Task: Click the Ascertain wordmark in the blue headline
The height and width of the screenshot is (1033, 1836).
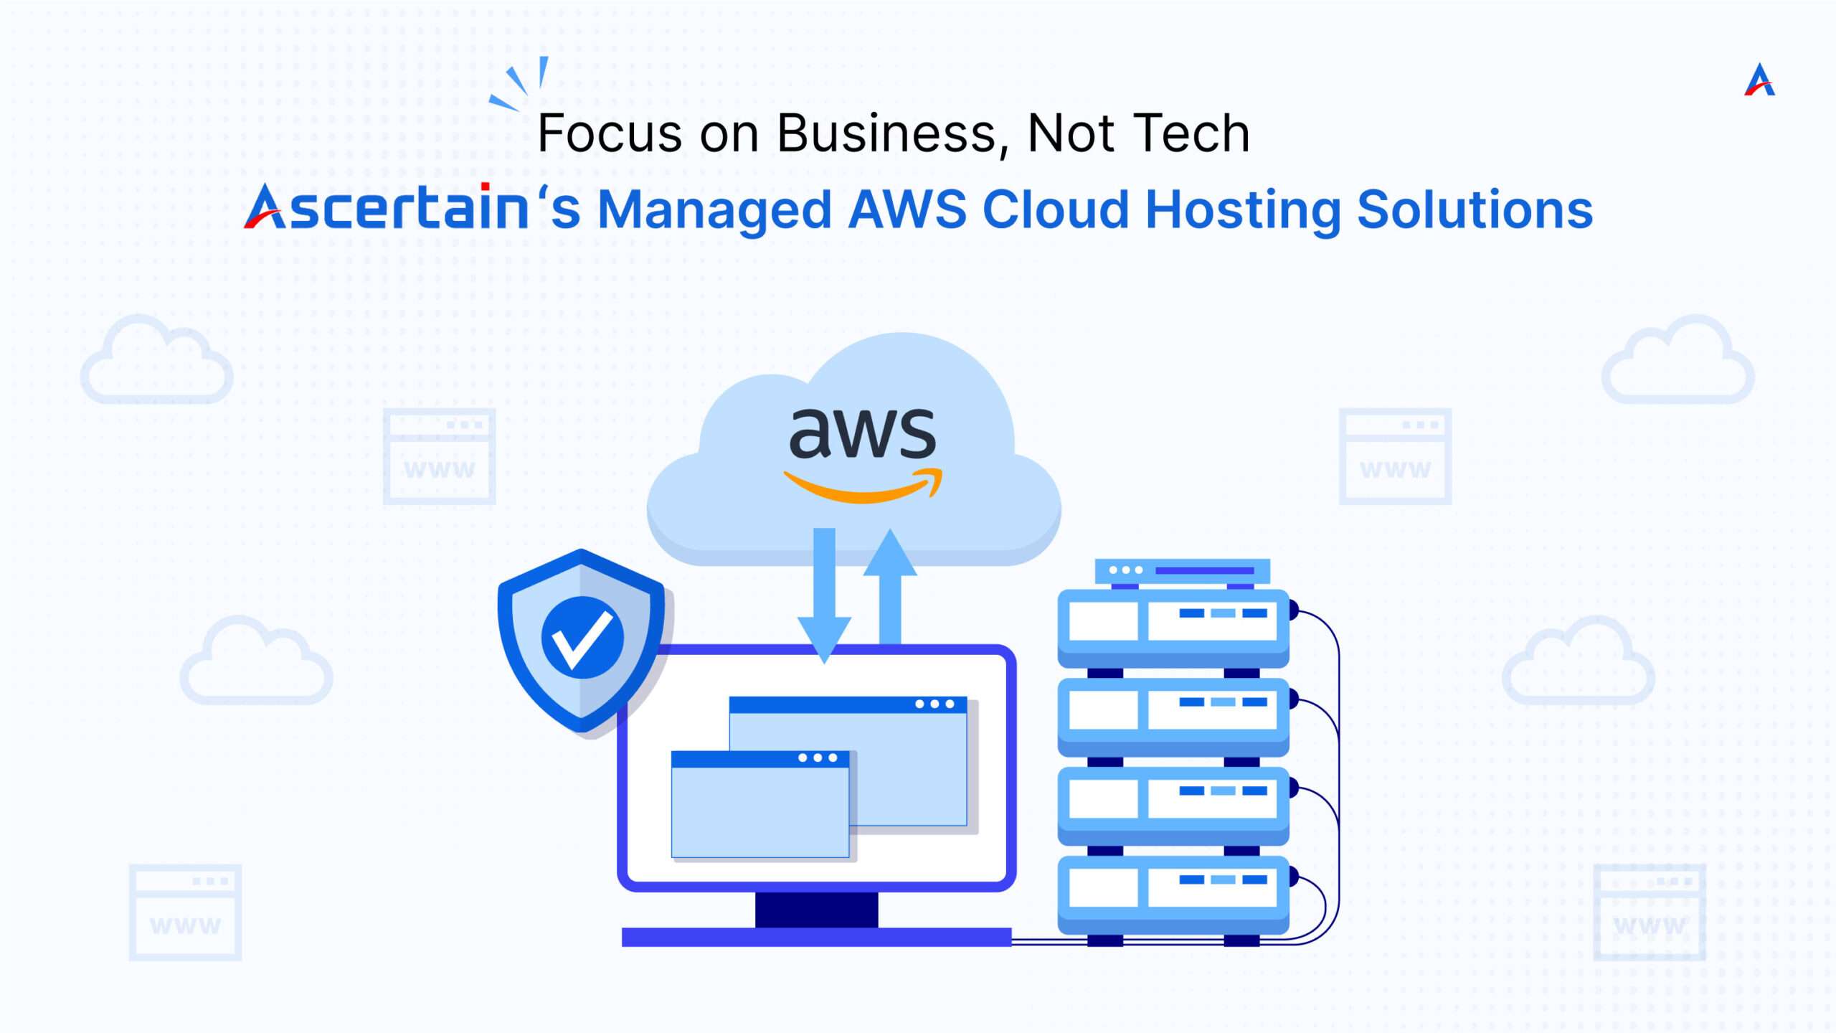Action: coord(387,207)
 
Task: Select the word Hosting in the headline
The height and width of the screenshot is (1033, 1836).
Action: coord(1243,211)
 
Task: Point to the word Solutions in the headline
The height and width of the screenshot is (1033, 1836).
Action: coord(1475,209)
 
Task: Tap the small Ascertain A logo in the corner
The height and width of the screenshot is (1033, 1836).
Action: coord(1759,80)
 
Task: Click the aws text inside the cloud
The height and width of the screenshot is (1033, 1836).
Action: coord(863,433)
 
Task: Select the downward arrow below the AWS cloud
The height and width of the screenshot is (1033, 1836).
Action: coord(824,595)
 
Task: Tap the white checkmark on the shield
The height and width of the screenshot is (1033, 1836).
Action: coord(582,638)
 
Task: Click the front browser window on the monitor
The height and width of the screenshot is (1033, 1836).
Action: coord(760,804)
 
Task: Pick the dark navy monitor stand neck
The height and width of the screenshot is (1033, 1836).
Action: coord(816,910)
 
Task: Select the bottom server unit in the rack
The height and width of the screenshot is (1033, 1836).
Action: coord(1173,895)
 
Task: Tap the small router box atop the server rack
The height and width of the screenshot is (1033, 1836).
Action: coord(1182,571)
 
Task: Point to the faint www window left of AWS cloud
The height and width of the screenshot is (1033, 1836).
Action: coord(439,456)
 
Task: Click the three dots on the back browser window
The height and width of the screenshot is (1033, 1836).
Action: coord(934,704)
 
